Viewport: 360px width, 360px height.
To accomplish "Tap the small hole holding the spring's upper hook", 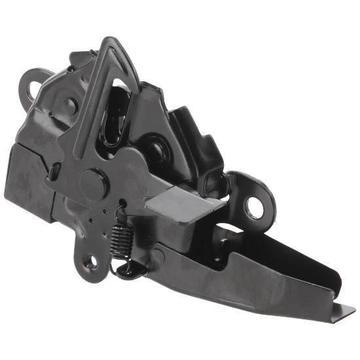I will point(122,204).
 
